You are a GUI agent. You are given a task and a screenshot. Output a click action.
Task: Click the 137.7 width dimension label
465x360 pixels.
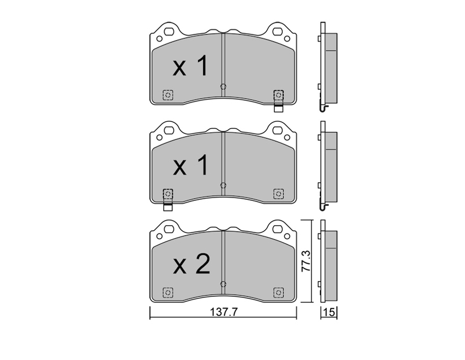224,312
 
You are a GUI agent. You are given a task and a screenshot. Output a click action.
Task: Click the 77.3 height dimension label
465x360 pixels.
306,261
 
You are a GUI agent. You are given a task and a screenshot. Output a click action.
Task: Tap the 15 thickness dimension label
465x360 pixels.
330,312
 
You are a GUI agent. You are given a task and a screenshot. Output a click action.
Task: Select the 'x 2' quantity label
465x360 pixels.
191,264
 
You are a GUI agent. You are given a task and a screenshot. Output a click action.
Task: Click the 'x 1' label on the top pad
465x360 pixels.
191,67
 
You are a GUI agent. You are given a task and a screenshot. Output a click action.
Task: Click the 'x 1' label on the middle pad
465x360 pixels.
191,165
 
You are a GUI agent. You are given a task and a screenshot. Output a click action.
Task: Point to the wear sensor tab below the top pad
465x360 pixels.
278,108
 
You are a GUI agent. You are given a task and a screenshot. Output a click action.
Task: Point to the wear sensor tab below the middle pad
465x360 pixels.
168,207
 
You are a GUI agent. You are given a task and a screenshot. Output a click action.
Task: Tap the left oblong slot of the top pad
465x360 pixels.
170,31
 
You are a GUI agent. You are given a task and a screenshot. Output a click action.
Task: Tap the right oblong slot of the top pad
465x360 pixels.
278,31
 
